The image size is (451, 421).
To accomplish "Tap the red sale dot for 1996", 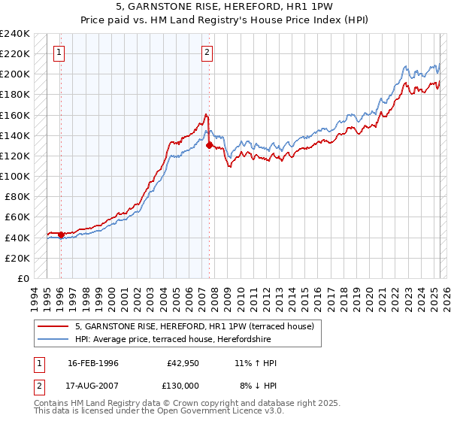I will pyautogui.click(x=61, y=235).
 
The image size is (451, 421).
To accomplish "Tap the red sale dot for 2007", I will pyautogui.click(x=209, y=146).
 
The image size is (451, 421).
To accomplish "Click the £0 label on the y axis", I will pyautogui.click(x=23, y=278).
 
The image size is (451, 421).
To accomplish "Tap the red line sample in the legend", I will pyautogui.click(x=53, y=326).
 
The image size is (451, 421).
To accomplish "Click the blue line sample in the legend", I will pyautogui.click(x=53, y=340).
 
